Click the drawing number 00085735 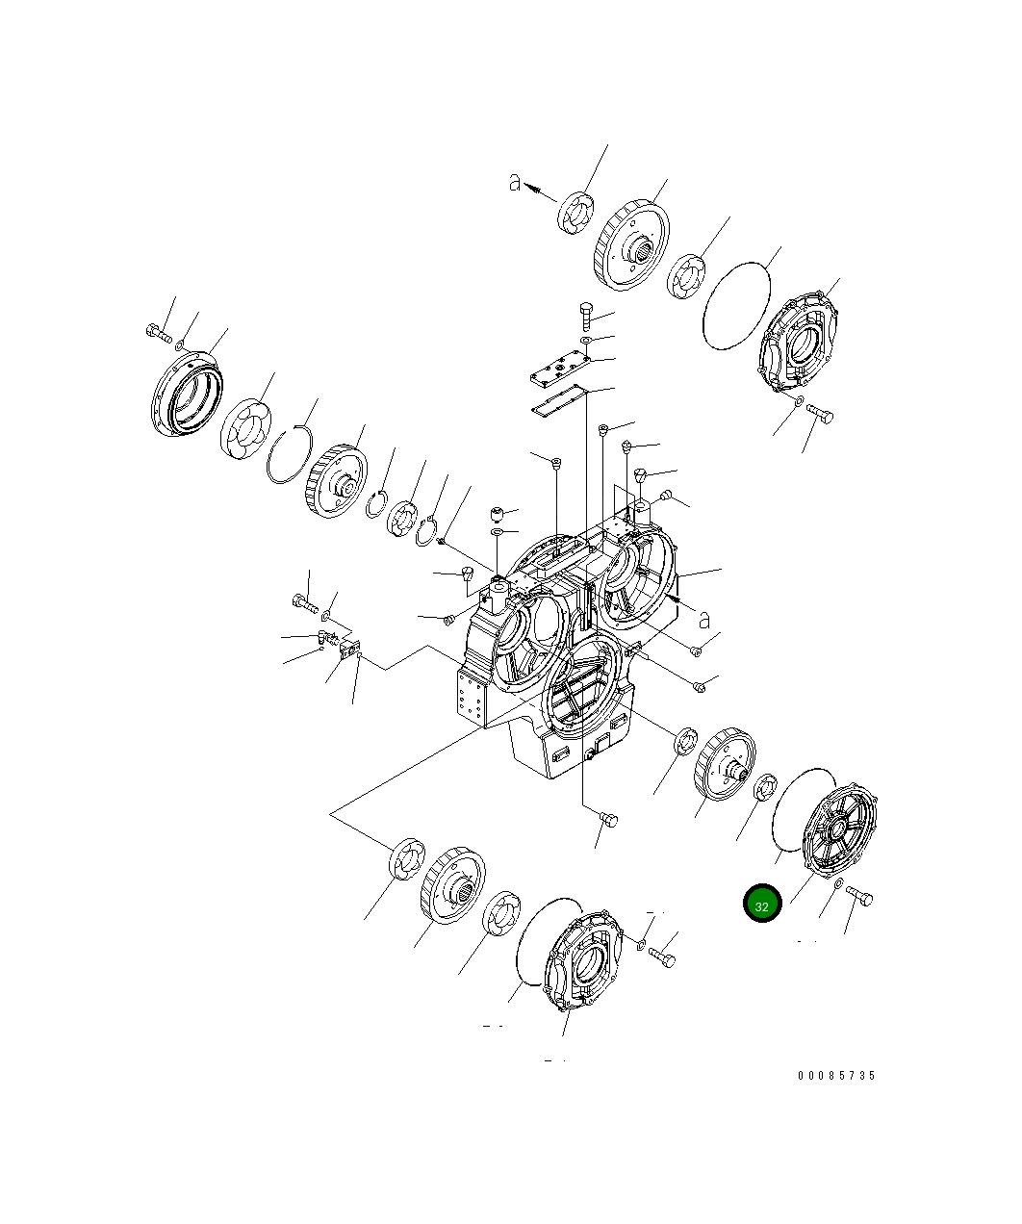coord(835,1076)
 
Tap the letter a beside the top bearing coord(516,182)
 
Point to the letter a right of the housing coord(704,619)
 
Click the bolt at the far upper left coord(157,333)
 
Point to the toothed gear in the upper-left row coord(337,481)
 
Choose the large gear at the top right coord(632,245)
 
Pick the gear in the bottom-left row coord(451,883)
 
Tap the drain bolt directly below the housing coord(608,819)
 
